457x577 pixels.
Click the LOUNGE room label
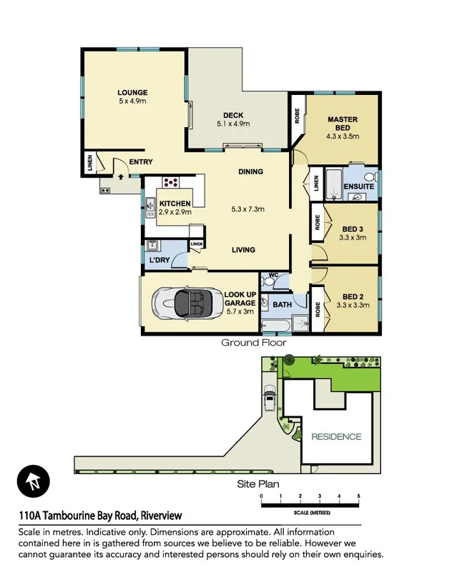(x=133, y=92)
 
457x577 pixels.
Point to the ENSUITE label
(x=358, y=186)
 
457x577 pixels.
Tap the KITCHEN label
(x=175, y=204)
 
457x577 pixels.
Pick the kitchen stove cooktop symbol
(x=170, y=181)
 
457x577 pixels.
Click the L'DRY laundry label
(x=158, y=260)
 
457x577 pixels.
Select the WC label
(x=274, y=275)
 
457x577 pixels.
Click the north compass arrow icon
(x=31, y=480)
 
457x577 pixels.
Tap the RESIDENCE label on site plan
(x=336, y=436)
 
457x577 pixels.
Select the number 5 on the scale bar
(x=358, y=496)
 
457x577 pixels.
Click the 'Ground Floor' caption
(x=253, y=343)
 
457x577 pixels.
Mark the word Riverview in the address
(x=162, y=516)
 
